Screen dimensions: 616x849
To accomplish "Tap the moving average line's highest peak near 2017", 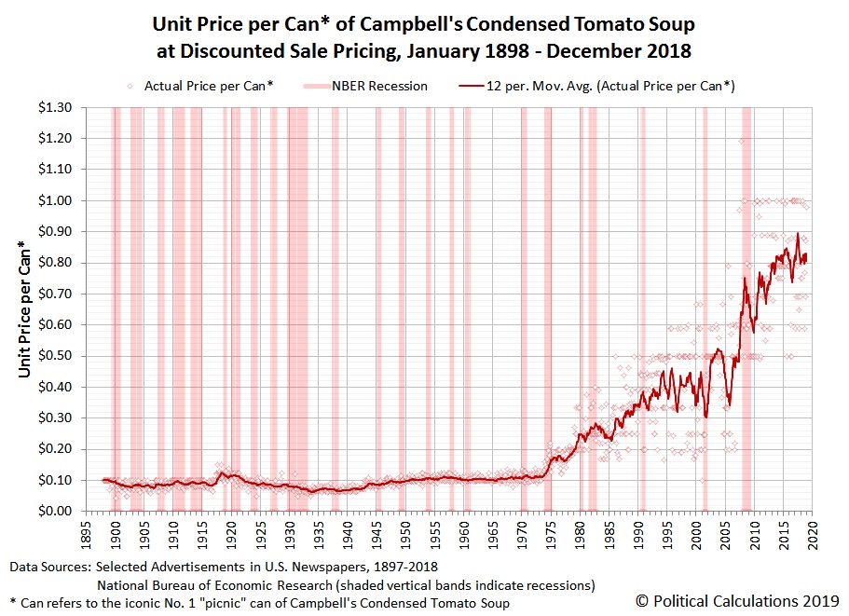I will [x=798, y=234].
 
